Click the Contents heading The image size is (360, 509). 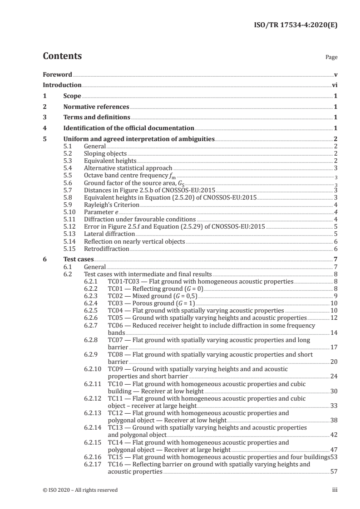(x=62, y=56)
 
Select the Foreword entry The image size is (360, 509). (x=57, y=74)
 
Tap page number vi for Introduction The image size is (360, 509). (x=334, y=85)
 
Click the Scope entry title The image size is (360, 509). (x=72, y=96)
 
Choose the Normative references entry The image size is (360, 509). (x=96, y=107)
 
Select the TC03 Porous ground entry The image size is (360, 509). (x=151, y=303)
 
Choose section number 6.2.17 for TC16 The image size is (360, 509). (x=94, y=465)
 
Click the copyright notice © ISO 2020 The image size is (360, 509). (x=80, y=490)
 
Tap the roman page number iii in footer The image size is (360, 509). (x=334, y=490)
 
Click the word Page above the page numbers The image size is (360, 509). (x=331, y=58)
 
